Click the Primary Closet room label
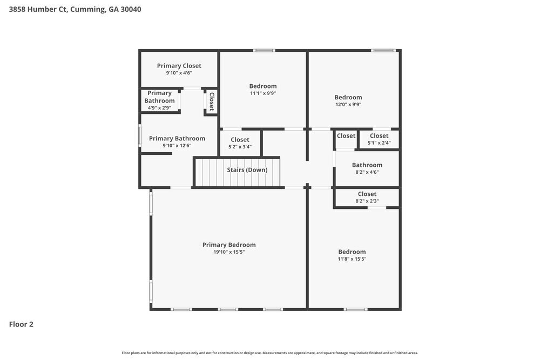[179, 66]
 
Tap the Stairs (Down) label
[247, 170]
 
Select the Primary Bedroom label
[229, 245]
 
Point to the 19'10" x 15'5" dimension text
[229, 252]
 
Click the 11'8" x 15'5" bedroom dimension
[352, 259]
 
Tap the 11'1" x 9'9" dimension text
[262, 93]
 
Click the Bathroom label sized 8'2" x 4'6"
[367, 165]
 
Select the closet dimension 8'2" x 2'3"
[367, 201]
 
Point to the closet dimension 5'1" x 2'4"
[379, 143]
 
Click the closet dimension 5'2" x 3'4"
[240, 147]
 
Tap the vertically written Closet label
[211, 101]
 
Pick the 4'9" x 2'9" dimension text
[159, 108]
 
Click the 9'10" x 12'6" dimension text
[177, 146]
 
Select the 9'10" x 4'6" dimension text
[179, 73]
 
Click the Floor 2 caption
[21, 324]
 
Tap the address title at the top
[75, 9]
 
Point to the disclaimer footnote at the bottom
[269, 353]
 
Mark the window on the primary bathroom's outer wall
[140, 135]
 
